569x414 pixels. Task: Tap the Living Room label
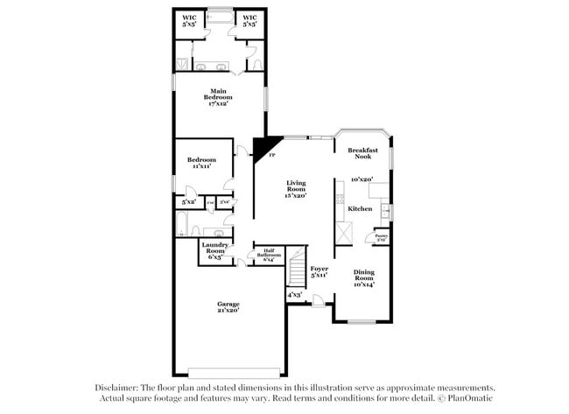(297, 188)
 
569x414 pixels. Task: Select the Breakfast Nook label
(362, 153)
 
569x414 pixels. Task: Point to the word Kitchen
(361, 209)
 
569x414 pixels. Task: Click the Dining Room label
(362, 277)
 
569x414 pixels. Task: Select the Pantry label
(382, 235)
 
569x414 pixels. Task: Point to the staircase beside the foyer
(298, 267)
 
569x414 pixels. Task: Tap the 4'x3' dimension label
(295, 295)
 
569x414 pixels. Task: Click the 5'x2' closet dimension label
(188, 202)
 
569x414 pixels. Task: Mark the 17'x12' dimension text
(219, 104)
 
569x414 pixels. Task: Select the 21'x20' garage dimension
(228, 310)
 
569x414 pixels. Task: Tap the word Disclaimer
(116, 387)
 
